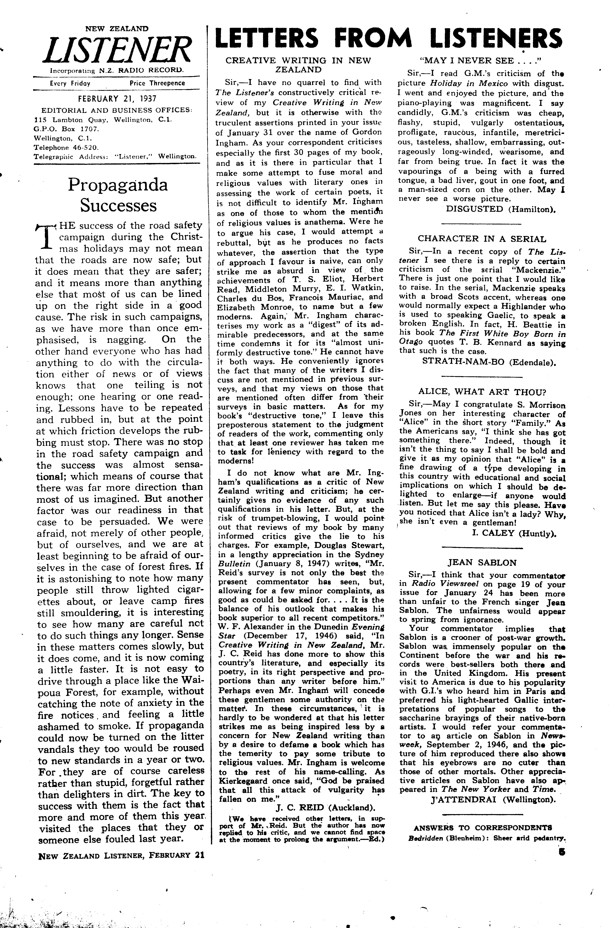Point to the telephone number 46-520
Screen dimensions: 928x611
85,148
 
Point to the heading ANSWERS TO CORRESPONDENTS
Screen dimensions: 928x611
482,828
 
